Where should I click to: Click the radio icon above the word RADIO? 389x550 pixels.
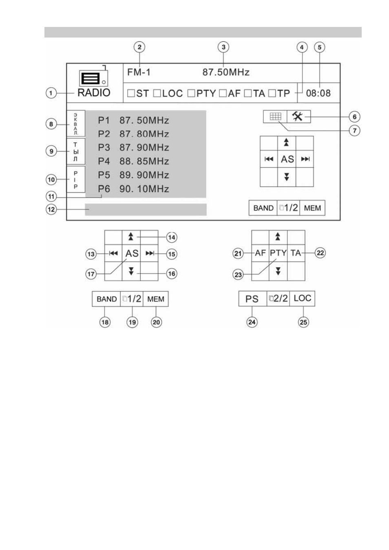(x=93, y=77)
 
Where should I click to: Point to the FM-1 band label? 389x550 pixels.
(x=139, y=72)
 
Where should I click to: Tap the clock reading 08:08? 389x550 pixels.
(x=318, y=93)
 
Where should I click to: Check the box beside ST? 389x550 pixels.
(x=131, y=93)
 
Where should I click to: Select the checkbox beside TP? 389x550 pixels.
(x=272, y=93)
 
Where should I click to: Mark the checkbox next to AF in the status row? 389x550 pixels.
(x=223, y=93)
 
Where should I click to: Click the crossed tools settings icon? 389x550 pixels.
(x=298, y=116)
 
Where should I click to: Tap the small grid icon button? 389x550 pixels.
(x=275, y=116)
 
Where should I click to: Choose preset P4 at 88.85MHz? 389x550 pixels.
(x=133, y=161)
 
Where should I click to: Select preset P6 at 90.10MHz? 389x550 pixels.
(x=133, y=189)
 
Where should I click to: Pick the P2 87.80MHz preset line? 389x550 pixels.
(x=133, y=134)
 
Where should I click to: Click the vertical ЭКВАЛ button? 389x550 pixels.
(x=76, y=123)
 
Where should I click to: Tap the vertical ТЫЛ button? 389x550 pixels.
(x=76, y=151)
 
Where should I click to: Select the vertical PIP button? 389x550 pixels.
(x=76, y=179)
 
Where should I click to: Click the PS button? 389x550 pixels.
(x=252, y=299)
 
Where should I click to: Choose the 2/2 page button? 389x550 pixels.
(x=278, y=299)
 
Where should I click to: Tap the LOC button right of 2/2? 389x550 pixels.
(x=302, y=299)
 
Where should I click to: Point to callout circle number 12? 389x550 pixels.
(x=51, y=209)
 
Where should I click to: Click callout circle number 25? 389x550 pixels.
(x=303, y=322)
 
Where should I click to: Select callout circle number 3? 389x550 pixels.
(x=223, y=47)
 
